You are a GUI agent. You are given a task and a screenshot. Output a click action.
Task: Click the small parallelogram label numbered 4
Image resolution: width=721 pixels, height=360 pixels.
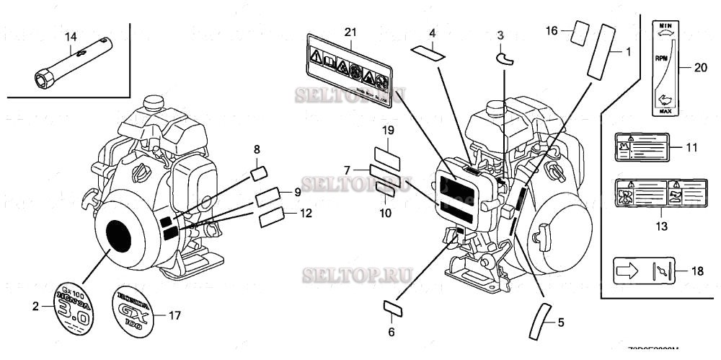coord(427,51)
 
